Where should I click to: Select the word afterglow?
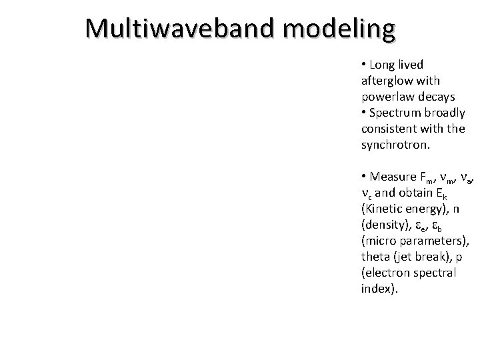pos(385,80)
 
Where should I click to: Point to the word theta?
pos(375,257)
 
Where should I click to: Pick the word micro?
pos(379,241)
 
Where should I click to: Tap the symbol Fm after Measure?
pos(427,177)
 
